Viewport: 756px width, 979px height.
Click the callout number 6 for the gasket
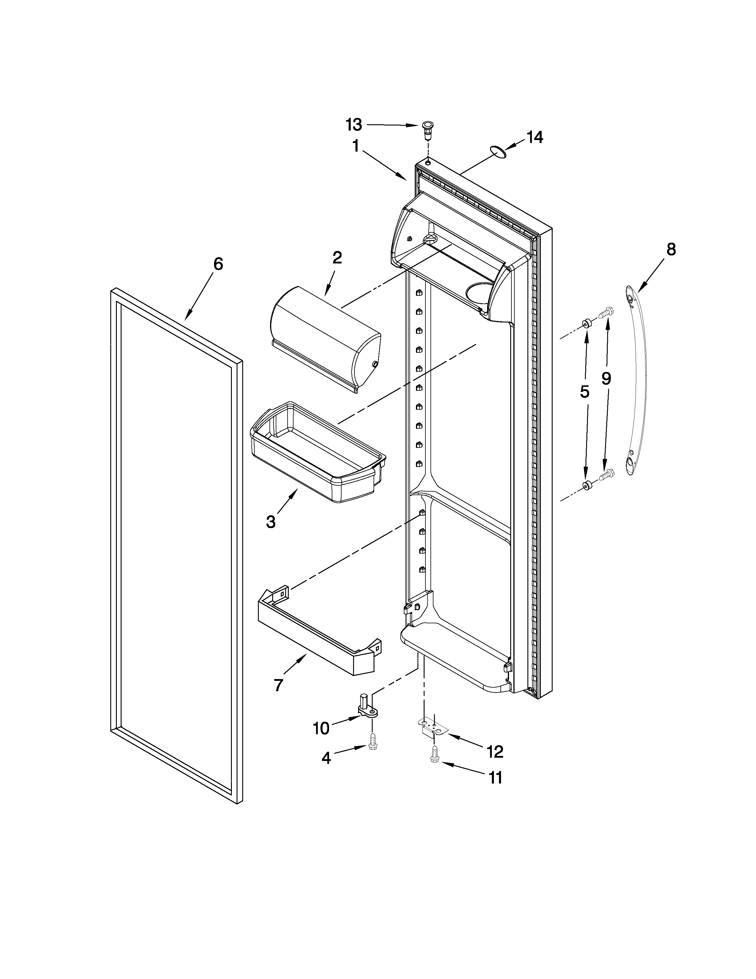pyautogui.click(x=218, y=264)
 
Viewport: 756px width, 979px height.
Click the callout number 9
pyautogui.click(x=606, y=379)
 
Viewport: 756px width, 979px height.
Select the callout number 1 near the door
pyautogui.click(x=355, y=146)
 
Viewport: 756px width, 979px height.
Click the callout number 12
pyautogui.click(x=495, y=752)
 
